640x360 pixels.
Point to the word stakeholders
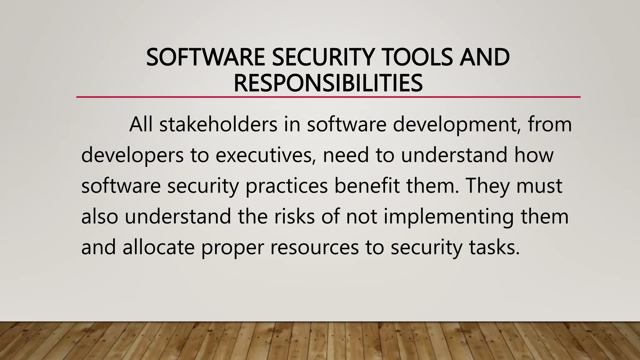pos(218,124)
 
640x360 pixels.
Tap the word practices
pos(287,186)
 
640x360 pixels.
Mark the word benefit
pos(367,186)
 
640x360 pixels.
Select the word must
pos(539,186)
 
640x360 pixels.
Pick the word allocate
pos(158,247)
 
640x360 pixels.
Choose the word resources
pos(314,247)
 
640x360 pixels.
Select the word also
pos(100,216)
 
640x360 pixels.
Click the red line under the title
pos(328,97)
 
